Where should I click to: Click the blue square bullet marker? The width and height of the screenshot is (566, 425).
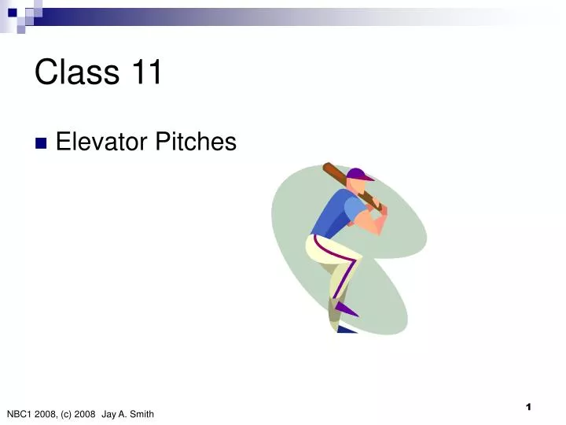(x=41, y=143)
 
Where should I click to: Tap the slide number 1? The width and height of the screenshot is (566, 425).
(x=529, y=407)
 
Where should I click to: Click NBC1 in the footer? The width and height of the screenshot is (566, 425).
(x=19, y=414)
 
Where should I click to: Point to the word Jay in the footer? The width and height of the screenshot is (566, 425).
(x=108, y=414)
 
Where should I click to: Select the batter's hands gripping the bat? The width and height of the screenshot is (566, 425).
(x=379, y=214)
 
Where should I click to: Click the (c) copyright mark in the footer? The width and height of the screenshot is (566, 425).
(x=64, y=414)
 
